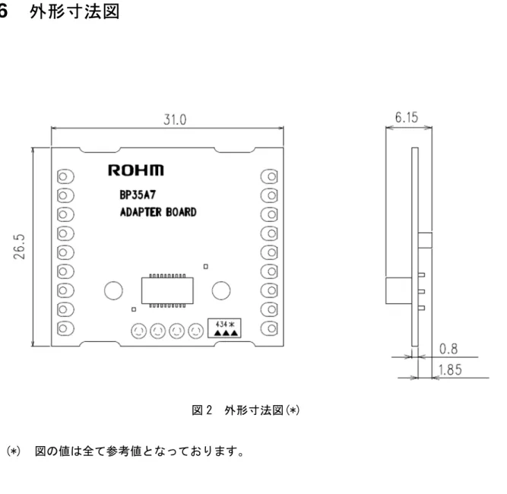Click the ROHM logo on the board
pyautogui.click(x=136, y=170)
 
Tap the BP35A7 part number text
pyautogui.click(x=138, y=195)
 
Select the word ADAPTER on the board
pyautogui.click(x=141, y=212)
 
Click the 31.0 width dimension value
pyautogui.click(x=175, y=119)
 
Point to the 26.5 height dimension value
pyautogui.click(x=20, y=247)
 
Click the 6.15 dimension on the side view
pyautogui.click(x=407, y=117)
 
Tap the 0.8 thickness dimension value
pyautogui.click(x=448, y=349)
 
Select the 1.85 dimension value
pyautogui.click(x=450, y=370)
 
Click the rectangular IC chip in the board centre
pyautogui.click(x=167, y=290)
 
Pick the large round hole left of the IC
pyautogui.click(x=113, y=290)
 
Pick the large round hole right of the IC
pyautogui.click(x=221, y=290)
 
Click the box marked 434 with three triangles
pyautogui.click(x=224, y=328)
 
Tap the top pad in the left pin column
pyautogui.click(x=65, y=176)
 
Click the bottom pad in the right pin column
pyautogui.click(x=269, y=329)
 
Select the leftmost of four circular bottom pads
pyautogui.click(x=138, y=331)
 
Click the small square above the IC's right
pyautogui.click(x=206, y=267)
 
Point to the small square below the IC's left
pyautogui.click(x=134, y=309)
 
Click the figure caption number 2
pyautogui.click(x=209, y=410)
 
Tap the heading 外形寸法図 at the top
pyautogui.click(x=74, y=12)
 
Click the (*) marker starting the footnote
pyautogui.click(x=13, y=451)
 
